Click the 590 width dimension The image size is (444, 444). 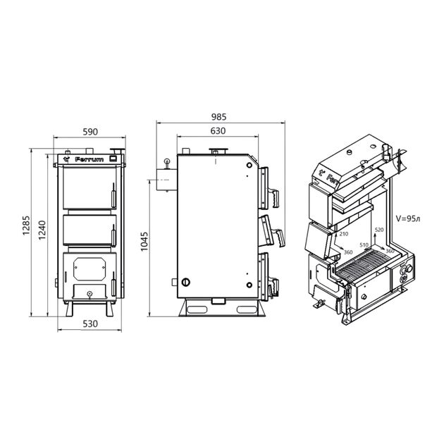click(x=90, y=132)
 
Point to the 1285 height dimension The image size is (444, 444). click(x=26, y=226)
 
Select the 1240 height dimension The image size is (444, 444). click(x=42, y=230)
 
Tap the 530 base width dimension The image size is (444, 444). click(x=90, y=323)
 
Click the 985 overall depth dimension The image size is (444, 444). click(x=219, y=117)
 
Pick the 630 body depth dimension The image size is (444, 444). click(x=218, y=131)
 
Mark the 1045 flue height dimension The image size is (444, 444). click(x=144, y=242)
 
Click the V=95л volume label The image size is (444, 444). click(x=408, y=218)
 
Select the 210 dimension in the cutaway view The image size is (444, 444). click(x=343, y=234)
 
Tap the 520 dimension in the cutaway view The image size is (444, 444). click(x=379, y=230)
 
